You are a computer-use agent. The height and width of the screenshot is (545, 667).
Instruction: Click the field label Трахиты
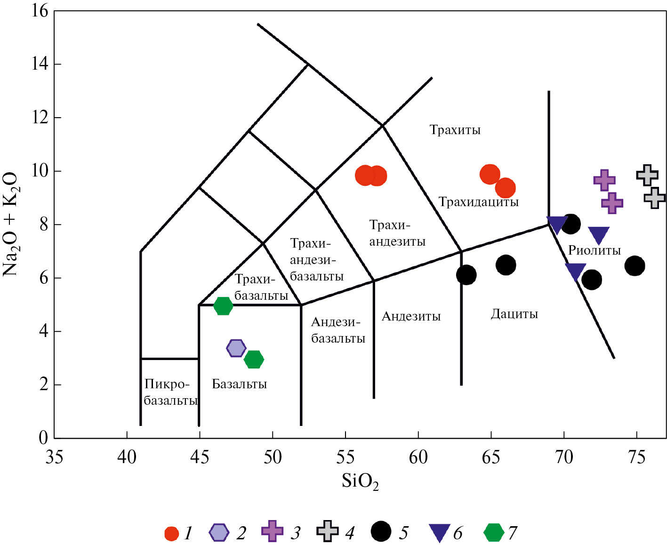tap(455, 130)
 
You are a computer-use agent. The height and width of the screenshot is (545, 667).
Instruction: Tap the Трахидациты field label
tap(478, 202)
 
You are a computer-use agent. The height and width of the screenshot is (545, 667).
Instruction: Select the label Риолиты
tap(594, 250)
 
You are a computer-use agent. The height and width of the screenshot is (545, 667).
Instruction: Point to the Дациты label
tap(514, 314)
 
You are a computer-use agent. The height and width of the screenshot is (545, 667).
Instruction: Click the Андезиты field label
tap(411, 316)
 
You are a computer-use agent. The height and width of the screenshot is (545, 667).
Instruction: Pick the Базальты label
tap(239, 384)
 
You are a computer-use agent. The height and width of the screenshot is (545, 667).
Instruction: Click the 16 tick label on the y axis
tap(40, 10)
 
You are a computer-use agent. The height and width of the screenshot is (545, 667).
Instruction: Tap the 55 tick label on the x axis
tap(346, 457)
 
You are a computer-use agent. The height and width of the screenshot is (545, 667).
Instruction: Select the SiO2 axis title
tap(360, 481)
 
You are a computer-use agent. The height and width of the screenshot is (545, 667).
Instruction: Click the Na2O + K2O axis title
tap(10, 224)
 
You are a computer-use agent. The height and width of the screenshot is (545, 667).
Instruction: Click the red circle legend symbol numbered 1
tap(172, 533)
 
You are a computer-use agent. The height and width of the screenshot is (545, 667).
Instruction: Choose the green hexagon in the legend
tap(493, 532)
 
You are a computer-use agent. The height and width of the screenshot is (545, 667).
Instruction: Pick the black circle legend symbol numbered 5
tap(381, 531)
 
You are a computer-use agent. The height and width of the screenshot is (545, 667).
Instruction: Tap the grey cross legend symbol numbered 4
tap(327, 531)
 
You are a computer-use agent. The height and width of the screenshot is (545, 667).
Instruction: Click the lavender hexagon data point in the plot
tap(236, 348)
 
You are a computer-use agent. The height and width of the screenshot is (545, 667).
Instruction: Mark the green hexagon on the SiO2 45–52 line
tap(223, 306)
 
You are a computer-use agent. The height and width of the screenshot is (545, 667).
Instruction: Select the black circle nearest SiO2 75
tap(635, 266)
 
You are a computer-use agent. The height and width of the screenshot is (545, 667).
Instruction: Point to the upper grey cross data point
tap(647, 175)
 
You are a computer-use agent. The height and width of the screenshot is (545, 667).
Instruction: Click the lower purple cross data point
tap(612, 203)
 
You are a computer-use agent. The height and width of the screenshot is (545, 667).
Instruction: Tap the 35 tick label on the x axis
tap(54, 457)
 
